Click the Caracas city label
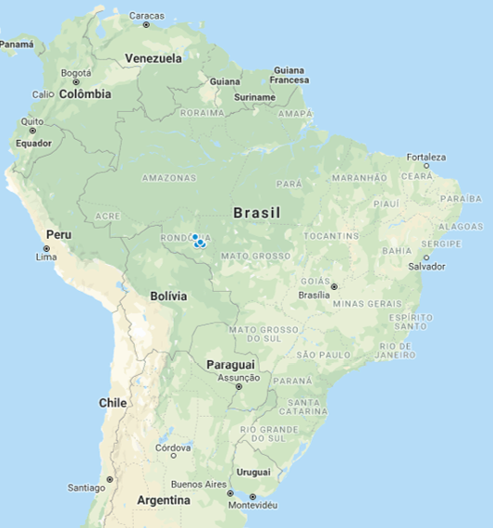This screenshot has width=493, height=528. [146, 15]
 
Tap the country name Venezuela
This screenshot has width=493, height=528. [154, 58]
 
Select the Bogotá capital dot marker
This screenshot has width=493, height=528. [77, 82]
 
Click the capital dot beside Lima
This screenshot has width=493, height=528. [47, 247]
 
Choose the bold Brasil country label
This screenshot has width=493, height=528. [256, 212]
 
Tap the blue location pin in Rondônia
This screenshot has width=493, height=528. [199, 243]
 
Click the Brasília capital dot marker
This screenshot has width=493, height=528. [334, 286]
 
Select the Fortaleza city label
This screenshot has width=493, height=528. [425, 157]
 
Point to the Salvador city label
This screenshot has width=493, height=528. [426, 267]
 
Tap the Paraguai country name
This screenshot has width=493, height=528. [230, 364]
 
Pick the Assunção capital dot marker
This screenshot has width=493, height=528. [239, 387]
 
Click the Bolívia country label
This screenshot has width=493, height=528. [168, 296]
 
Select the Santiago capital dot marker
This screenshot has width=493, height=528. [109, 479]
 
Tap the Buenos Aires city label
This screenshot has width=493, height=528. [198, 484]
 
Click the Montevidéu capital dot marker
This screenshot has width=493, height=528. [253, 497]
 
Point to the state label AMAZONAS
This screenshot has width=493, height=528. [169, 177]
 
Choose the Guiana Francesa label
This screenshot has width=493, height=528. [289, 75]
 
